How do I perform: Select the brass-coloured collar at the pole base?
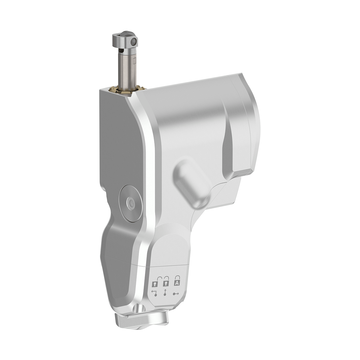point(129,90)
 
